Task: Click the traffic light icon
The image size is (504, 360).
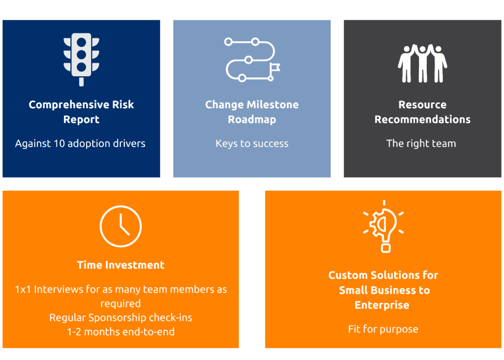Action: click(x=81, y=60)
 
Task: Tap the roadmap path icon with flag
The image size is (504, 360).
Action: click(x=252, y=60)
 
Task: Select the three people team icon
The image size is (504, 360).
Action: click(x=422, y=63)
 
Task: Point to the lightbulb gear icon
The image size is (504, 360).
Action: click(x=384, y=226)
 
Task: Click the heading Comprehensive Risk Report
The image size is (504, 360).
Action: click(x=81, y=112)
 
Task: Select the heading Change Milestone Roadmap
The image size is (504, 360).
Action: click(x=252, y=112)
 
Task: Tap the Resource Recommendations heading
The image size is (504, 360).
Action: click(x=422, y=112)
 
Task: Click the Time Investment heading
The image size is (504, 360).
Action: click(x=121, y=265)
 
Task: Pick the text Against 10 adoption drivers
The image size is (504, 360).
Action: click(x=80, y=143)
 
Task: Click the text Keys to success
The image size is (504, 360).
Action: click(x=252, y=143)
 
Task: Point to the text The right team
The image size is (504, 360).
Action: click(x=421, y=143)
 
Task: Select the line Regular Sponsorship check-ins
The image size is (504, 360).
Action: click(x=121, y=318)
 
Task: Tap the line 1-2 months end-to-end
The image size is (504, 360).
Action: click(x=121, y=332)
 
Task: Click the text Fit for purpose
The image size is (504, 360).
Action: click(x=383, y=329)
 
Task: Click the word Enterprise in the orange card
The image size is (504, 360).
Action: click(x=382, y=305)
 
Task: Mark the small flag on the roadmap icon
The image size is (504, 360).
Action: click(x=275, y=68)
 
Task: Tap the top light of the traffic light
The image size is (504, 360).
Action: click(x=81, y=42)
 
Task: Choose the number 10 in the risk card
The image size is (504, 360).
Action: click(x=60, y=143)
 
